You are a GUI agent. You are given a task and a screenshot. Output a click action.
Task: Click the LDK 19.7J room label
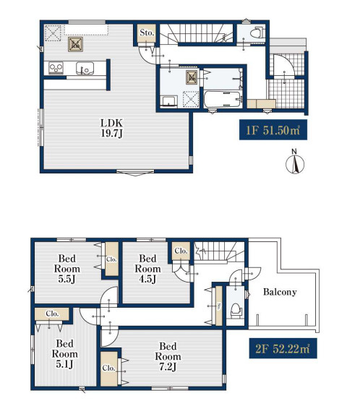tap(111, 128)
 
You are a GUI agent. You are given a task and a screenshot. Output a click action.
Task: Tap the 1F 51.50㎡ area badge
tap(273, 130)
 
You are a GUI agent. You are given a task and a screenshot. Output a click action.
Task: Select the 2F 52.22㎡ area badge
tap(283, 348)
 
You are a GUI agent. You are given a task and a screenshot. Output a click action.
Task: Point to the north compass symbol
tap(295, 163)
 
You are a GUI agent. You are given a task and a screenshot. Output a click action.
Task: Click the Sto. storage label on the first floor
tap(147, 33)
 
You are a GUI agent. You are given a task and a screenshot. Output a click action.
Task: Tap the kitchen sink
tap(85, 68)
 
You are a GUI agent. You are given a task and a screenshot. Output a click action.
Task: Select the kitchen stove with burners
tap(56, 68)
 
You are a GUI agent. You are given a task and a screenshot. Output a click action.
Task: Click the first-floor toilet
tap(257, 33)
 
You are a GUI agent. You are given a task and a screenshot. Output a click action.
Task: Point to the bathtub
tap(223, 100)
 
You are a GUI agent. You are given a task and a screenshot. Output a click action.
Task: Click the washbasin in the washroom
tap(169, 102)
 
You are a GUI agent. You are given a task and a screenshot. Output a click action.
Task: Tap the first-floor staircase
tap(197, 33)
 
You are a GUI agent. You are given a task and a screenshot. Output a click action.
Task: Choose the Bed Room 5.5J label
tap(67, 269)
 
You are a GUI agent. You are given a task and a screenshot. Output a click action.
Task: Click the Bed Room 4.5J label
tap(147, 269)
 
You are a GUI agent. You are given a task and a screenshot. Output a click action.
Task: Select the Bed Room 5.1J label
tap(65, 353)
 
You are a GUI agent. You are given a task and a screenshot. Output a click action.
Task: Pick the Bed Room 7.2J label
tap(168, 356)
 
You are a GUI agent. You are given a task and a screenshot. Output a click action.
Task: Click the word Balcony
tap(280, 292)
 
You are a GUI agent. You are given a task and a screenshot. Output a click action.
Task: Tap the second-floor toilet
tap(236, 310)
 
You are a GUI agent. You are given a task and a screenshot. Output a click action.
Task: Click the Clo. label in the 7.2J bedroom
tap(108, 368)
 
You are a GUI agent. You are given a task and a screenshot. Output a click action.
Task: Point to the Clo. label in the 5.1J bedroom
tap(52, 314)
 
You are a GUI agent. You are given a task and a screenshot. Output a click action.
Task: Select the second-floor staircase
tap(219, 252)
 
